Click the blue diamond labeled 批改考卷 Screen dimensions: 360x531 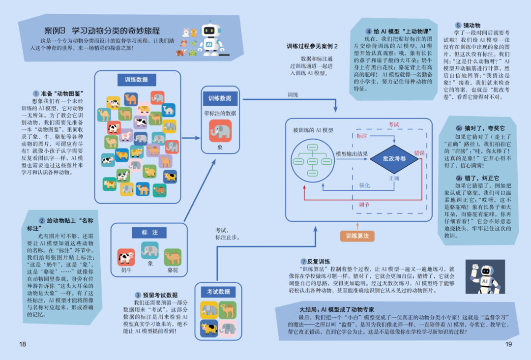click(x=394, y=158)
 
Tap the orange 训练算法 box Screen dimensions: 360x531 click(x=357, y=236)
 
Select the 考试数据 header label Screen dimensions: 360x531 click(x=218, y=292)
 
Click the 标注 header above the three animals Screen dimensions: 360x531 click(x=150, y=233)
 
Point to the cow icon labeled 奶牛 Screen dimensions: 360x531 click(x=126, y=257)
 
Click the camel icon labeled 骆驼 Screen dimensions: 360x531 click(x=173, y=257)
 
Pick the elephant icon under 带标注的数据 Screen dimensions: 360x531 click(x=220, y=131)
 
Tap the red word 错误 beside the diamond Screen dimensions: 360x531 click(x=419, y=152)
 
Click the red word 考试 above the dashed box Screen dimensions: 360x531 click(x=394, y=124)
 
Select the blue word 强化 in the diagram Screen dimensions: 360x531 click(x=364, y=185)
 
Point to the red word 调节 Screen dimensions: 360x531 click(x=364, y=205)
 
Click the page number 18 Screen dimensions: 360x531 click(x=22, y=344)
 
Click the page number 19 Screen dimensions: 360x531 click(x=508, y=344)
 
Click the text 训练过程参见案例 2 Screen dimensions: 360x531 click(x=313, y=46)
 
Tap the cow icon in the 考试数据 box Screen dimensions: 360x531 click(x=209, y=328)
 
